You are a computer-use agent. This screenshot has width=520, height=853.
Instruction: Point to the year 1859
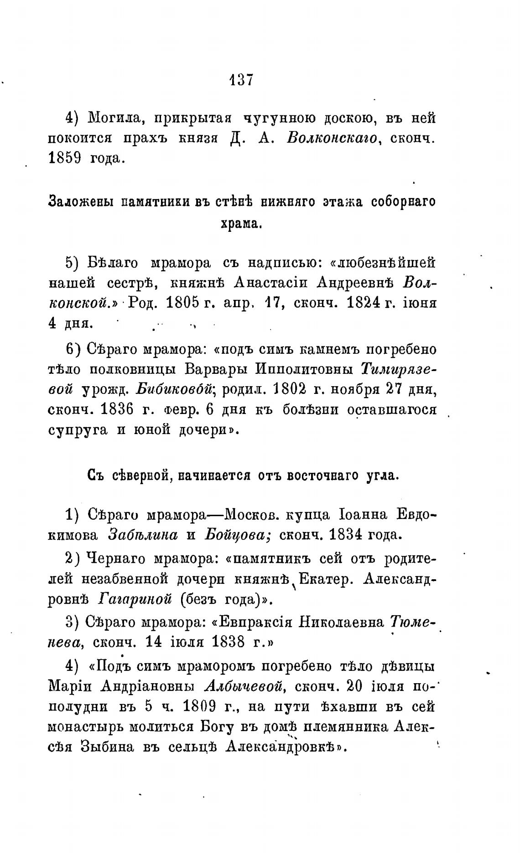click(64, 158)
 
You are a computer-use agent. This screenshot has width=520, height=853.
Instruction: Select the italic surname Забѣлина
click(143, 535)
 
